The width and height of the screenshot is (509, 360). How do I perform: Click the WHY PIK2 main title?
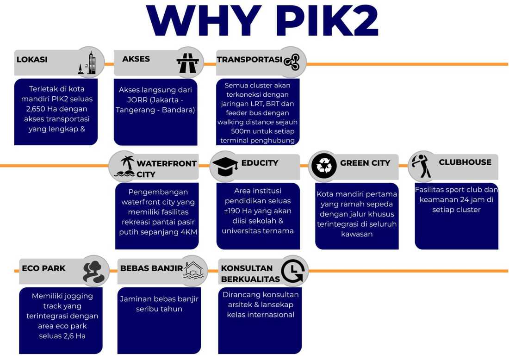click(x=262, y=20)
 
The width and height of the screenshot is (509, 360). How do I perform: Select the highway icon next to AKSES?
click(x=187, y=62)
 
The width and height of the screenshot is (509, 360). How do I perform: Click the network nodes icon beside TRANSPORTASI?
click(x=292, y=62)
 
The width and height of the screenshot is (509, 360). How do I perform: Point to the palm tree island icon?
click(x=125, y=167)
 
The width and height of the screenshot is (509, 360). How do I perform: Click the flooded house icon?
click(x=193, y=270)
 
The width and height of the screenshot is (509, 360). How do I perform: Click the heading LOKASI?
click(x=32, y=59)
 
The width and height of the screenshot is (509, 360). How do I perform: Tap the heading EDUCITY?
click(x=260, y=162)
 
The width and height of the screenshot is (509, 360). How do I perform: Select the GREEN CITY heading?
click(x=365, y=162)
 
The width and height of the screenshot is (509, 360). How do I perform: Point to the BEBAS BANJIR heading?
click(x=152, y=268)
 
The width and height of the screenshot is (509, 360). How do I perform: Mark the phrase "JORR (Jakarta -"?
click(x=155, y=100)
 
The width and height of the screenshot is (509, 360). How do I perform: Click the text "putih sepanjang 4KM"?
click(x=158, y=232)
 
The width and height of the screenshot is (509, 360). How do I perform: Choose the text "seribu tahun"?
click(x=159, y=309)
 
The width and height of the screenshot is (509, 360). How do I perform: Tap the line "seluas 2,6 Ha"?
click(x=62, y=336)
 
